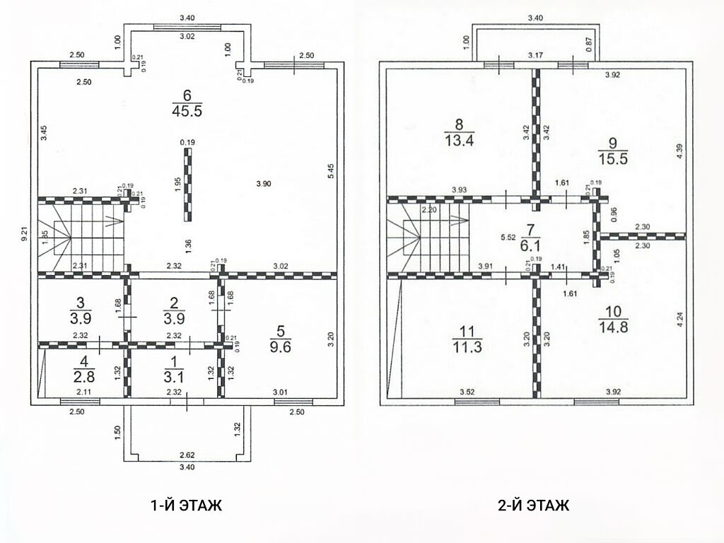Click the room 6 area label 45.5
pos(187,111)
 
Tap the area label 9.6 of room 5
pos(280,346)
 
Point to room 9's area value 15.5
pos(613,159)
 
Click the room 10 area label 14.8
pos(613,327)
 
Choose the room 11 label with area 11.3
pos(467,346)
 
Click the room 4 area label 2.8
pos(84,376)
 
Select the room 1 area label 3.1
pos(174,377)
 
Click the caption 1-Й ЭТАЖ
pos(187,505)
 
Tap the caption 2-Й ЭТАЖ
pos(534,505)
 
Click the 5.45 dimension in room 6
pos(329,171)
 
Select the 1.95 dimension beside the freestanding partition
pos(177,186)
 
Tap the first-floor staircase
pos(82,238)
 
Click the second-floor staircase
pos(428,238)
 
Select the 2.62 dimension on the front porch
pos(187,455)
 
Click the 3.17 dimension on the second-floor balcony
pos(536,55)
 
